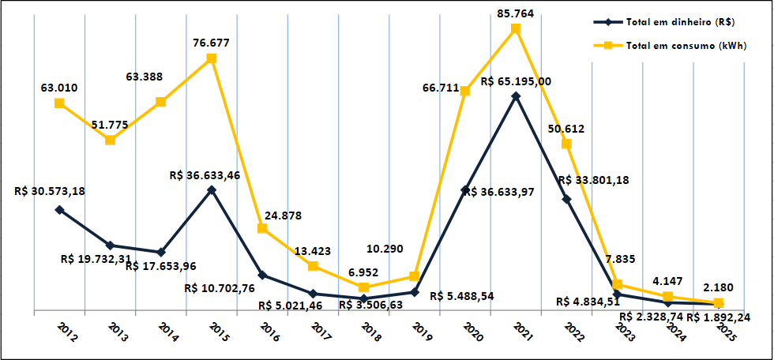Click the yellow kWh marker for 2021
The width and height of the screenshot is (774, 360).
(516, 28)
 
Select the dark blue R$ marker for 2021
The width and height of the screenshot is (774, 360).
(516, 96)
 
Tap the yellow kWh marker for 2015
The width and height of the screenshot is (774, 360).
(212, 58)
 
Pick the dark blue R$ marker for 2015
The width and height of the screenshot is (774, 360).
(212, 189)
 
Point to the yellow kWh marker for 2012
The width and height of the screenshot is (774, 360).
(59, 103)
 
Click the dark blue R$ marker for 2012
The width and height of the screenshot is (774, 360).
(59, 209)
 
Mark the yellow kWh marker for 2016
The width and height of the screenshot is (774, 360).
(262, 228)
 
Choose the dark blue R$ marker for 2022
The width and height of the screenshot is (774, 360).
(566, 199)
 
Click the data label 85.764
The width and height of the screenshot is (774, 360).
(514, 13)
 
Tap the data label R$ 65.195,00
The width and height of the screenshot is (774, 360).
(515, 81)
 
